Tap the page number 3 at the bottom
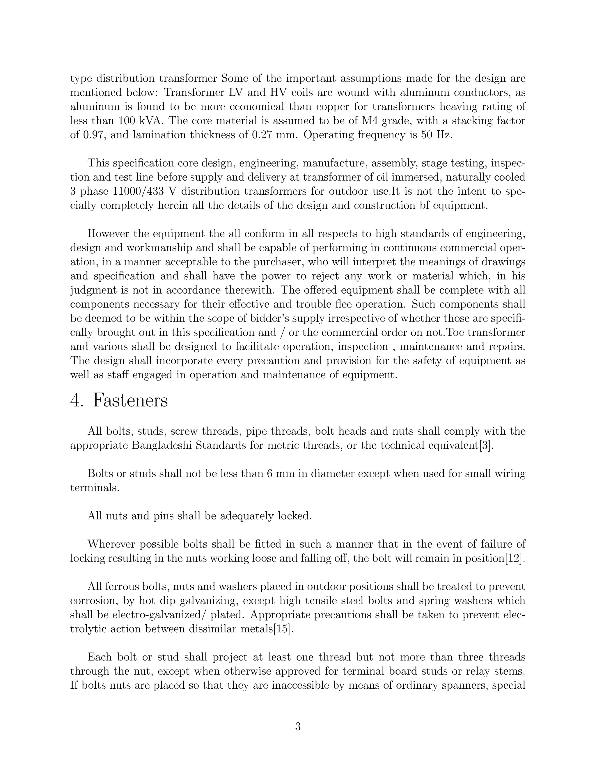298,727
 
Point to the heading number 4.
76,401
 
